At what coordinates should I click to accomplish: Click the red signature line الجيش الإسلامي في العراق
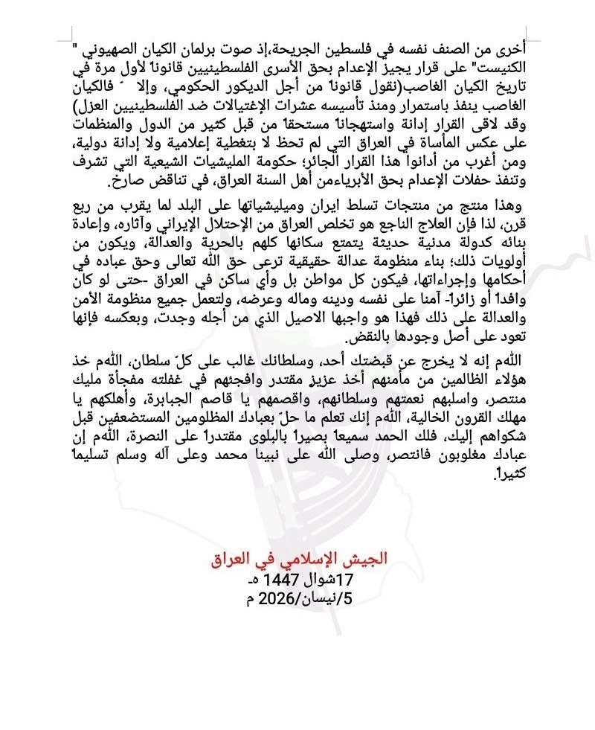coord(297,559)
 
